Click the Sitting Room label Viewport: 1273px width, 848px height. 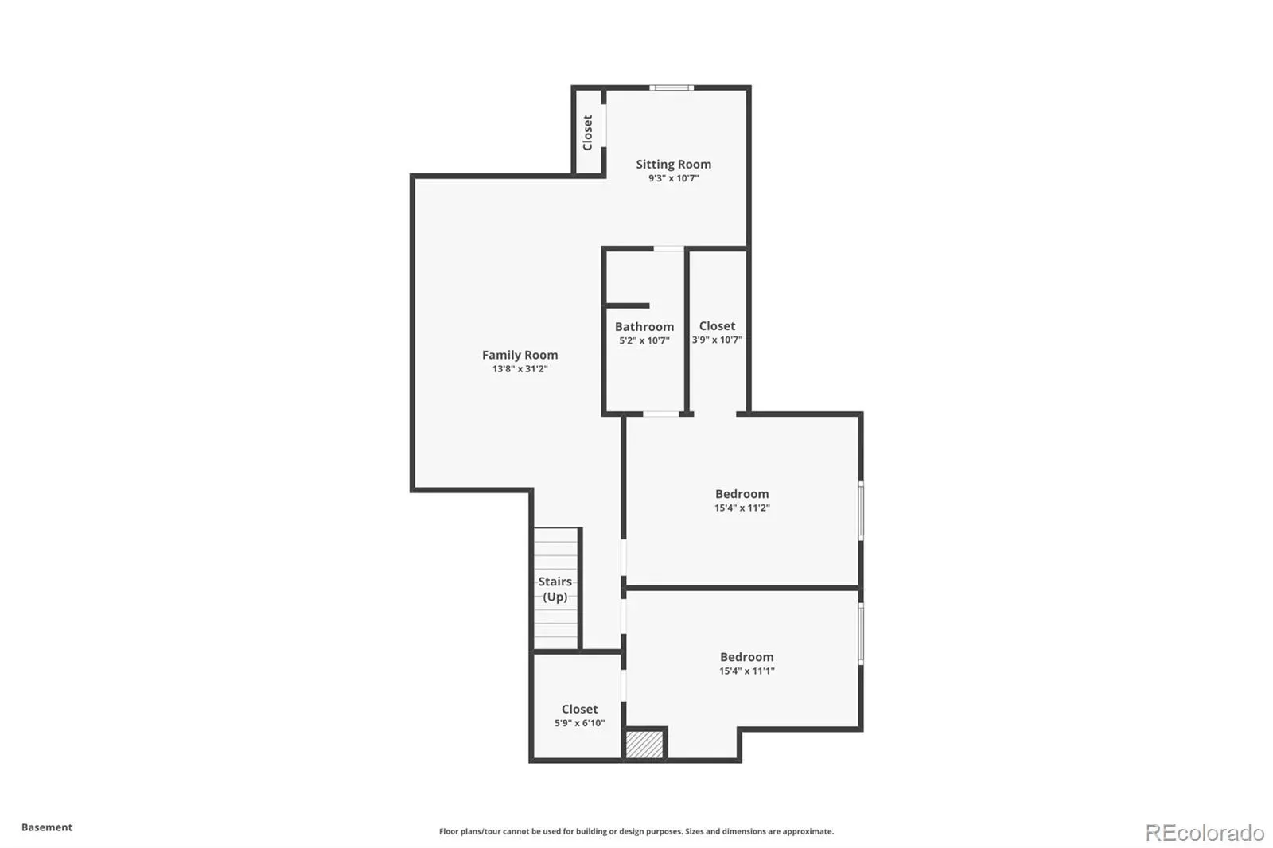click(x=673, y=164)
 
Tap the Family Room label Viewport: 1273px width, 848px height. click(x=520, y=355)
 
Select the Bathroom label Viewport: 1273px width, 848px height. click(x=644, y=326)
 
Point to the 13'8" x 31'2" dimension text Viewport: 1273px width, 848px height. click(x=520, y=369)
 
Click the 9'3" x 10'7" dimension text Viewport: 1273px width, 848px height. click(x=673, y=178)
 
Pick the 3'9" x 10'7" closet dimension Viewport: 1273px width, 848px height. click(x=717, y=340)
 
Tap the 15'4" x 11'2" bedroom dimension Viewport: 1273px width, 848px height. click(x=742, y=508)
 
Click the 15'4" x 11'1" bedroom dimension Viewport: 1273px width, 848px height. click(x=747, y=671)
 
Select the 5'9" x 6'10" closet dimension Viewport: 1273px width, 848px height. click(x=580, y=723)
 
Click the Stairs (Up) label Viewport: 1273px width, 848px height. click(x=555, y=589)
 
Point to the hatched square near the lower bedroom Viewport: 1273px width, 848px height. click(x=644, y=744)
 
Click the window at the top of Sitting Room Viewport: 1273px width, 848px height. click(x=672, y=88)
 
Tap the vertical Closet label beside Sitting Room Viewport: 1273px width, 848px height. click(x=588, y=132)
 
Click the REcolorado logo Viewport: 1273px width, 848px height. click(x=1205, y=833)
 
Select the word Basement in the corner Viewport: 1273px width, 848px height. click(x=47, y=827)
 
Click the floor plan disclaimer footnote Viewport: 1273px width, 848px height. click(x=636, y=831)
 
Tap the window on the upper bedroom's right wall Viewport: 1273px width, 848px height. click(x=861, y=511)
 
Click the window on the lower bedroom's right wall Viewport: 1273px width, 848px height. click(x=861, y=634)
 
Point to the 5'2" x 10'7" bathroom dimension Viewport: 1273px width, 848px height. click(x=644, y=340)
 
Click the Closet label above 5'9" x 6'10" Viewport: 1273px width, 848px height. click(x=580, y=709)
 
